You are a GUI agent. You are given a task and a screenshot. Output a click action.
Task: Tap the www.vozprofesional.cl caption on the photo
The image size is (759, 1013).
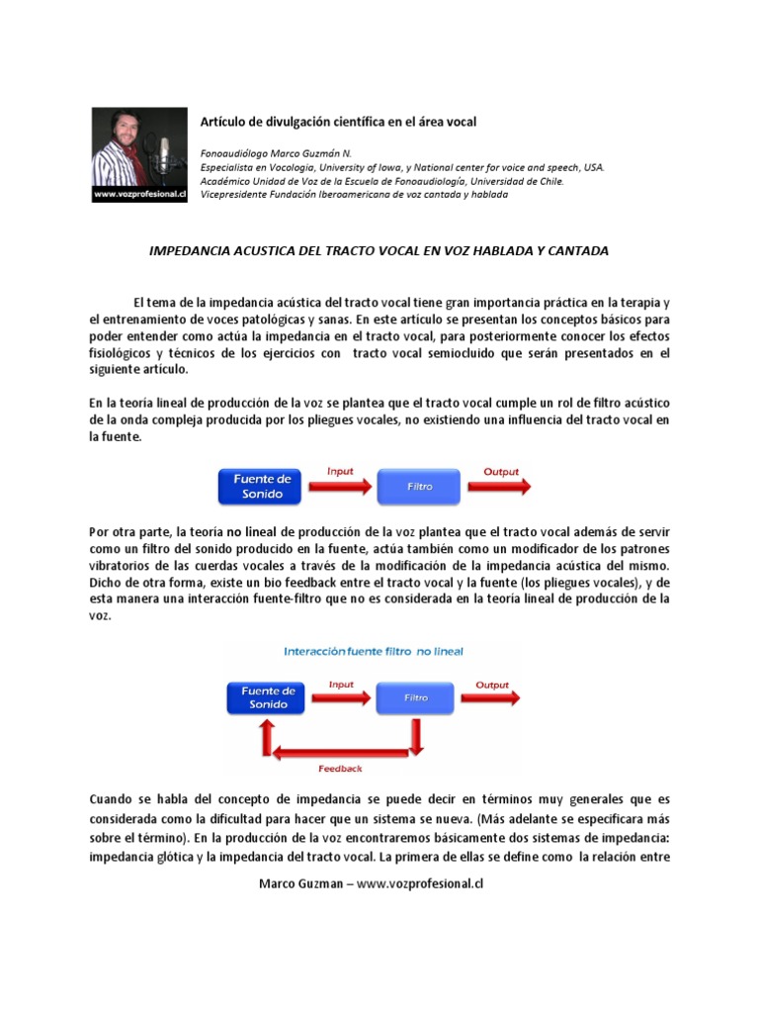(139, 196)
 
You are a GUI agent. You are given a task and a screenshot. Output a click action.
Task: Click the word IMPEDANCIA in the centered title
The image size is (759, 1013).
(188, 251)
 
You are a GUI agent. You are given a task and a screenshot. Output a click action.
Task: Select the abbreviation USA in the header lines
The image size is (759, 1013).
(593, 168)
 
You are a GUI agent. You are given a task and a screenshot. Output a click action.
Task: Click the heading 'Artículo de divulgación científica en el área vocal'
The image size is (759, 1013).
(338, 122)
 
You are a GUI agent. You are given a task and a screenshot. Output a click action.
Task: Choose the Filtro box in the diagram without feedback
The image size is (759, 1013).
(420, 487)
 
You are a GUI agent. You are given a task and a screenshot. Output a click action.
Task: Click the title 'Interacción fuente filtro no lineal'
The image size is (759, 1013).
(374, 652)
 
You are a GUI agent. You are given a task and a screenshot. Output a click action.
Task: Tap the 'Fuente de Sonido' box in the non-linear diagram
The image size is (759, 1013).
(263, 697)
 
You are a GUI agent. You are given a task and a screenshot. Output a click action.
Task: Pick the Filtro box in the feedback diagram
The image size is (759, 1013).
(416, 697)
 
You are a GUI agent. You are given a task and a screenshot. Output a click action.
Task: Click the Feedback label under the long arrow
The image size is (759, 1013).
(340, 768)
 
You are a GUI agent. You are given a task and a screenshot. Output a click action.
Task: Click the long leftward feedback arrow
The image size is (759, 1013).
(341, 753)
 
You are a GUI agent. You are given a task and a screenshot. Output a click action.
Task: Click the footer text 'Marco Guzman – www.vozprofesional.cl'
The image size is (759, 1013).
(371, 883)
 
